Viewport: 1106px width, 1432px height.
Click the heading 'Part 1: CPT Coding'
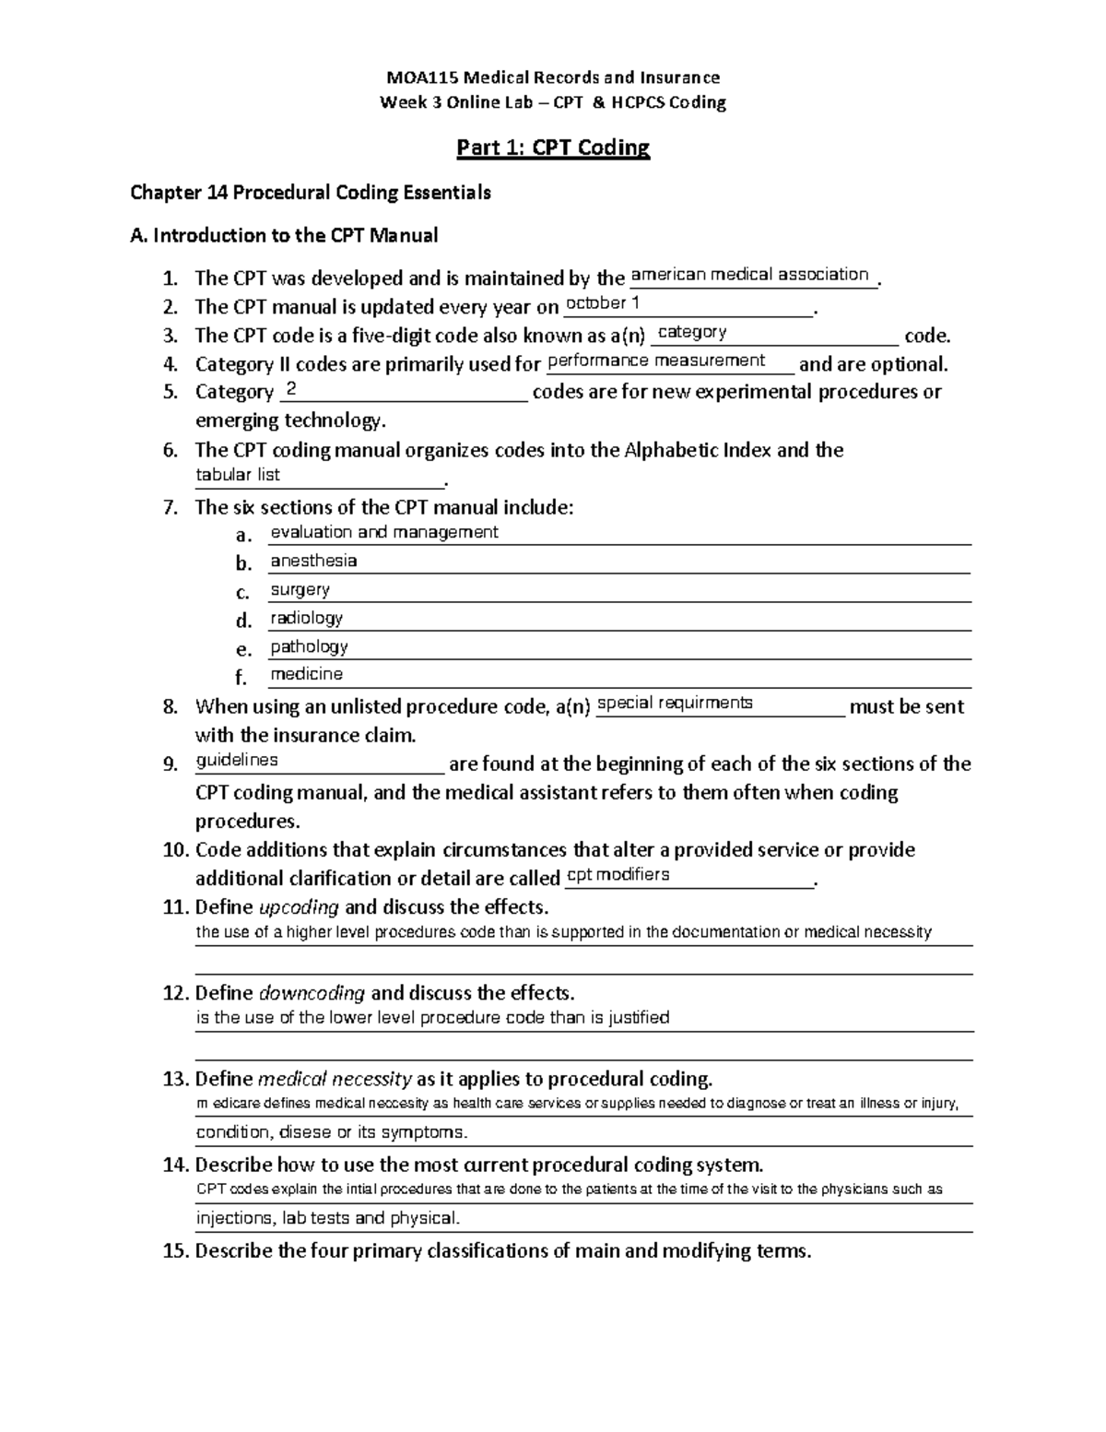click(x=553, y=148)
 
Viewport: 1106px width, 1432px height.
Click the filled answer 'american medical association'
click(x=749, y=275)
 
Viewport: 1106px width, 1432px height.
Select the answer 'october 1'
click(x=603, y=303)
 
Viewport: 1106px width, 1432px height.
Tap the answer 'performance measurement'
click(x=656, y=361)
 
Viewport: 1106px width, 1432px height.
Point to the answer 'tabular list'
click(x=238, y=475)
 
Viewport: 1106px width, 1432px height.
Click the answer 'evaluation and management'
click(x=383, y=532)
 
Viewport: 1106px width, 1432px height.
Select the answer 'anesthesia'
click(x=313, y=561)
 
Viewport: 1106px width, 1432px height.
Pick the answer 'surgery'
click(x=300, y=589)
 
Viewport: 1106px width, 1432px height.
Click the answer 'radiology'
click(x=306, y=618)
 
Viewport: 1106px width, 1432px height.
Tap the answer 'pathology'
click(x=309, y=646)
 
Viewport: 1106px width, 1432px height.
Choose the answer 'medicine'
click(x=306, y=674)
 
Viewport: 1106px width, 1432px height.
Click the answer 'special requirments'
click(x=675, y=704)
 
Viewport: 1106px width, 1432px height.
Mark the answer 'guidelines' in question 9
click(x=237, y=761)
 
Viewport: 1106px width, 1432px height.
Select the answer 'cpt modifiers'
click(x=618, y=875)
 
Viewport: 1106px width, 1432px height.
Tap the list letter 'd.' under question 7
click(x=243, y=621)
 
